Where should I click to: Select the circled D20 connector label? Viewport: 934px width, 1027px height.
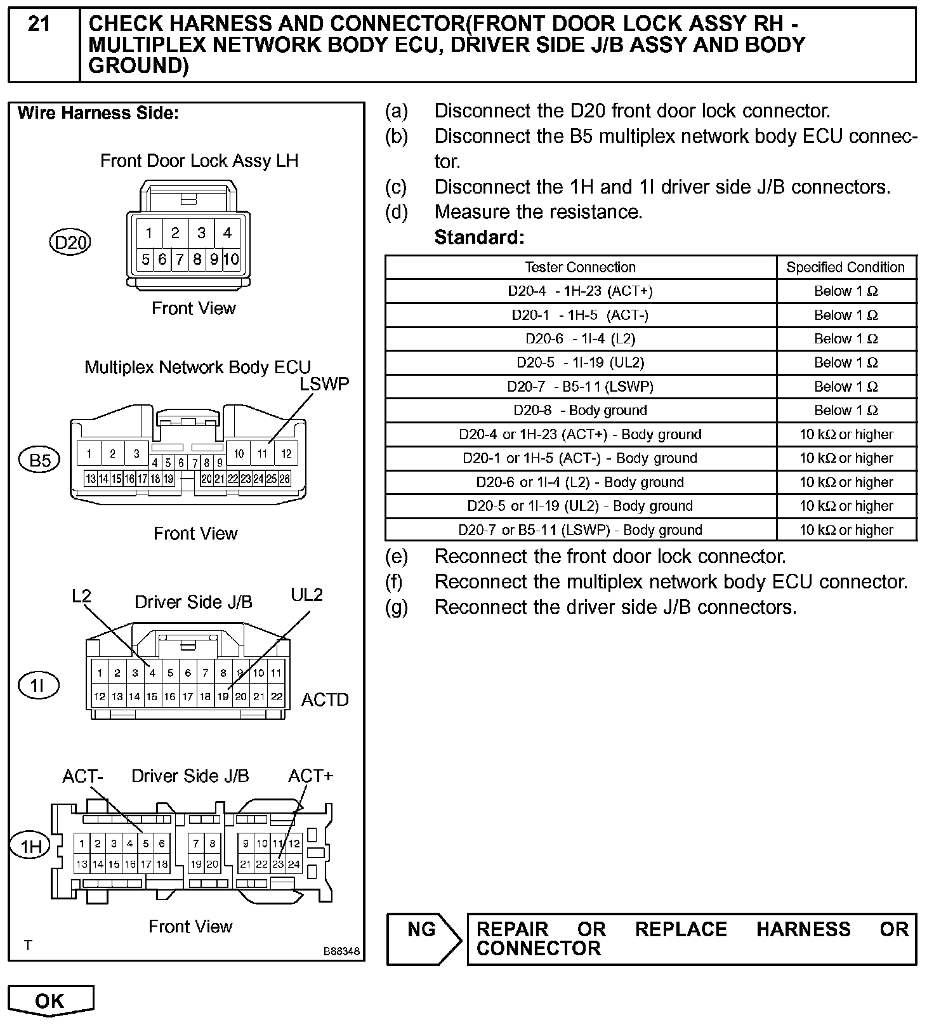point(70,242)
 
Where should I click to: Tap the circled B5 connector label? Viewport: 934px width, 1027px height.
point(39,460)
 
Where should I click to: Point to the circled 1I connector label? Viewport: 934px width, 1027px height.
point(38,686)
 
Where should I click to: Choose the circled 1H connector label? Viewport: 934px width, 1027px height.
point(30,846)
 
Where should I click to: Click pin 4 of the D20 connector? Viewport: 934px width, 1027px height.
point(227,233)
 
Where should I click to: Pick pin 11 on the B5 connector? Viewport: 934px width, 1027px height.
point(262,453)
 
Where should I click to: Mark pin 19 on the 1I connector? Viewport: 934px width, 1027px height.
point(223,696)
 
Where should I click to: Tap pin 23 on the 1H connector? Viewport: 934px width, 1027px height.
point(278,864)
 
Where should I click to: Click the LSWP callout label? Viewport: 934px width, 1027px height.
point(324,384)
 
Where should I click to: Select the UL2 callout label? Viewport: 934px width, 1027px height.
point(307,595)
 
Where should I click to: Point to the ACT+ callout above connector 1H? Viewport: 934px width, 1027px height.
point(310,776)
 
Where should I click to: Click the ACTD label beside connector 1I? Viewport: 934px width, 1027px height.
point(325,699)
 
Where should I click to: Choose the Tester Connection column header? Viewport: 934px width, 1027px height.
point(580,267)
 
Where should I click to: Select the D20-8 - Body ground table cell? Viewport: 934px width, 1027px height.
point(580,411)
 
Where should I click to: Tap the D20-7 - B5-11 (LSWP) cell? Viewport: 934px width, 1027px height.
point(580,387)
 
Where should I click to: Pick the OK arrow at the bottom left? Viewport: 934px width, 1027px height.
point(51,1001)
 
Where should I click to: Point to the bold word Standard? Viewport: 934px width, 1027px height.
point(479,237)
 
